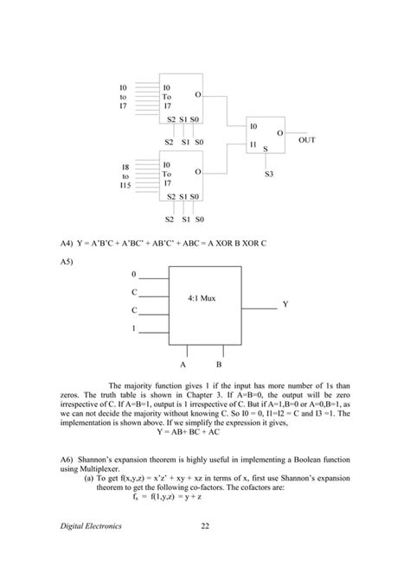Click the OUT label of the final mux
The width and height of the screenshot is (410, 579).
(x=307, y=138)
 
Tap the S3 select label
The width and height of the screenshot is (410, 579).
(x=269, y=175)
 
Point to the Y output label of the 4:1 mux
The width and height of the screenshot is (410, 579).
(x=285, y=305)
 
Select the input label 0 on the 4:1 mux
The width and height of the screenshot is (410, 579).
(x=133, y=275)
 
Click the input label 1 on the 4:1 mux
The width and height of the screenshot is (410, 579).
(x=133, y=328)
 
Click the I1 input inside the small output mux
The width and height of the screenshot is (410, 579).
(x=253, y=143)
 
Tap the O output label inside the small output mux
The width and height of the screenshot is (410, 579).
(x=279, y=133)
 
